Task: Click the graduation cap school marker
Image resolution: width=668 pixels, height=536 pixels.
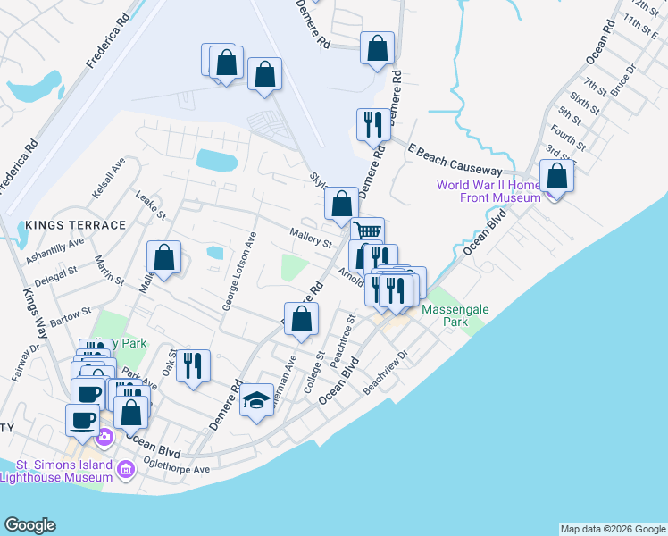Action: [x=256, y=401]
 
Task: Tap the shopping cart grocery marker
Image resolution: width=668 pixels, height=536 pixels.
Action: [x=367, y=231]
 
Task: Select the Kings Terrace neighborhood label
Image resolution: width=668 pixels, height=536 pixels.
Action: [x=76, y=225]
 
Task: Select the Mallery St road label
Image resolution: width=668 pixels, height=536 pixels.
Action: [x=311, y=238]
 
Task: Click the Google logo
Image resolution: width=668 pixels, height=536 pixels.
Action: [x=30, y=525]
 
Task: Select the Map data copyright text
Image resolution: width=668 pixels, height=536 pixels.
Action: [x=612, y=529]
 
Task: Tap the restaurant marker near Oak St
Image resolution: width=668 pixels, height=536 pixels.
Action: [x=193, y=365]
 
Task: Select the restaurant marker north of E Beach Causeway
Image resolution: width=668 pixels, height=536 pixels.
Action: [x=373, y=124]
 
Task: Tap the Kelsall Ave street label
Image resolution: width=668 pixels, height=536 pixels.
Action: [x=109, y=179]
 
